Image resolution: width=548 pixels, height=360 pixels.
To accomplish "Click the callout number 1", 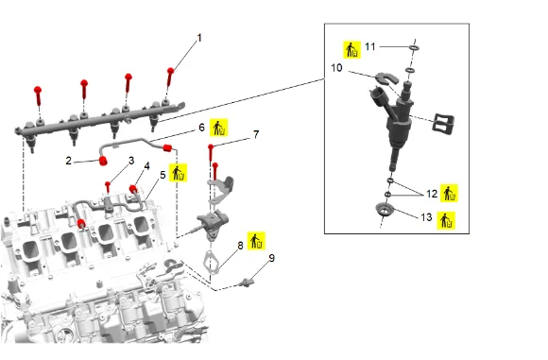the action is [199, 38].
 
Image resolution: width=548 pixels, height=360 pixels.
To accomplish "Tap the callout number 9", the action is [272, 258].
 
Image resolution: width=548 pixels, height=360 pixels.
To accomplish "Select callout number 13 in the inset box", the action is [426, 217].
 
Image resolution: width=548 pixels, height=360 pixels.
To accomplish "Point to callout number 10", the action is [336, 68].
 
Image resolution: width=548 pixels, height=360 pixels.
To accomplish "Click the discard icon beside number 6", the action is [219, 128].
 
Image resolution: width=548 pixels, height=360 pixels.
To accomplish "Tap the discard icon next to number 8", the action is [257, 241].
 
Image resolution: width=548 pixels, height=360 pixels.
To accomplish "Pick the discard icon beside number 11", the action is [351, 50].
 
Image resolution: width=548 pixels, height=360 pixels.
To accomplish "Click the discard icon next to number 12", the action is [449, 194].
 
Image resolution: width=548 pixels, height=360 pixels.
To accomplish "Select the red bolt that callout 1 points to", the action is [170, 77].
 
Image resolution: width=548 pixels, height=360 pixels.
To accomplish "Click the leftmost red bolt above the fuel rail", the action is [38, 95].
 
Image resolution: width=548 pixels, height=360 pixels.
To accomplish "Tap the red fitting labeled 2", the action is [103, 162].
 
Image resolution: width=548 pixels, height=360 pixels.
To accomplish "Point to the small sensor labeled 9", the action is [247, 283].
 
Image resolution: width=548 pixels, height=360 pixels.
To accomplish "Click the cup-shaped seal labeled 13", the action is [385, 210].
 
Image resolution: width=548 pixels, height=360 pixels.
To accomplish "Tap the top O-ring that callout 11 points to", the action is [414, 48].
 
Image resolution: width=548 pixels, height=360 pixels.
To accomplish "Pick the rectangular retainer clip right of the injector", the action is [443, 123].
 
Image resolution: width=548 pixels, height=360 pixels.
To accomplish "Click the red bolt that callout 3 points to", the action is [108, 187].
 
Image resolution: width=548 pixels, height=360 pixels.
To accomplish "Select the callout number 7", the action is [256, 134].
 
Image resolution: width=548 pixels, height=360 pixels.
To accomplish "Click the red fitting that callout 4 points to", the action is [133, 189].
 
